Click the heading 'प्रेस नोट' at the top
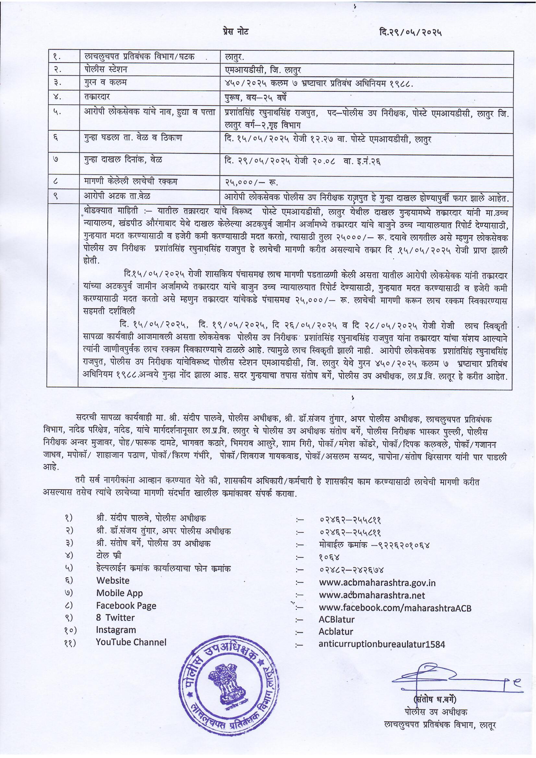(x=235, y=32)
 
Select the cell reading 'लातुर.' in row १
(x=234, y=57)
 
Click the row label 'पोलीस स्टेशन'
(x=106, y=70)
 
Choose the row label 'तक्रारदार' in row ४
(x=97, y=97)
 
